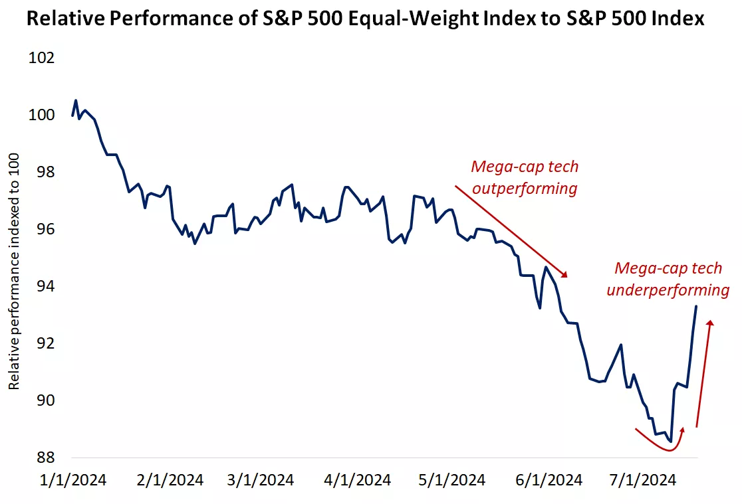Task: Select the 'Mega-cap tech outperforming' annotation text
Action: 524,177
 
